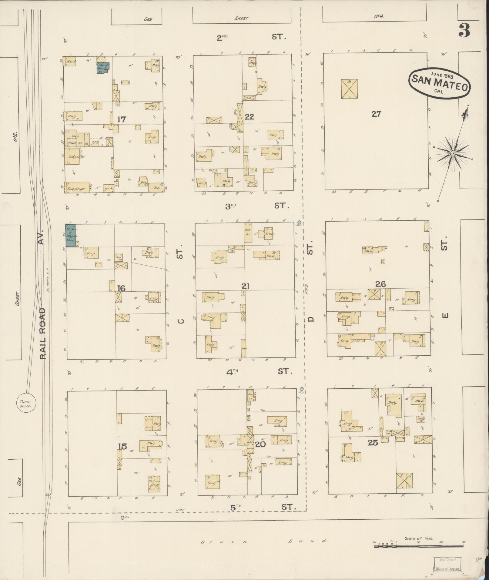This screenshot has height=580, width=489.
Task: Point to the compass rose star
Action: (453, 153)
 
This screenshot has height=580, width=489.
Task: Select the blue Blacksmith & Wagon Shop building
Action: (70, 235)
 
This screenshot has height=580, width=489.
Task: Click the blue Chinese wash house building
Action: (102, 68)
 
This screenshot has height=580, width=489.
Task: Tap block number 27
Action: (376, 114)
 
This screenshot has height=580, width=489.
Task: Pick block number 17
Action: (122, 119)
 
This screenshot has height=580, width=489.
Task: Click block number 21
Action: (246, 286)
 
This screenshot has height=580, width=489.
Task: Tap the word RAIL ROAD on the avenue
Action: (43, 334)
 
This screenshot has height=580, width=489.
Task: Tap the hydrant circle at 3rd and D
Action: (299, 222)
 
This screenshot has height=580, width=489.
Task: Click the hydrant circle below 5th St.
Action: (122, 518)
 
